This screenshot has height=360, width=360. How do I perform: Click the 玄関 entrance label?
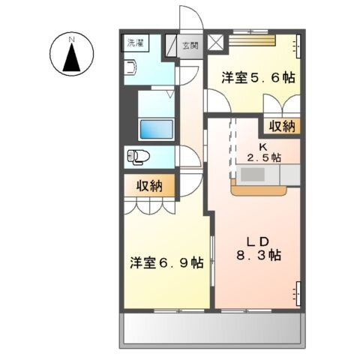point(191,45)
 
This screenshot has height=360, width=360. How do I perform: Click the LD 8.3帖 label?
point(254,248)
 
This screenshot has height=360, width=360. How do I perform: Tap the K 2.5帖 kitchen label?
point(264,151)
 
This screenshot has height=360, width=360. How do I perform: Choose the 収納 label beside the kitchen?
point(279,125)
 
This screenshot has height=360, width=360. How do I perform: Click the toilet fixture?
point(139,157)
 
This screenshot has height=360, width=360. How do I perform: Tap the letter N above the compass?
point(71,37)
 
